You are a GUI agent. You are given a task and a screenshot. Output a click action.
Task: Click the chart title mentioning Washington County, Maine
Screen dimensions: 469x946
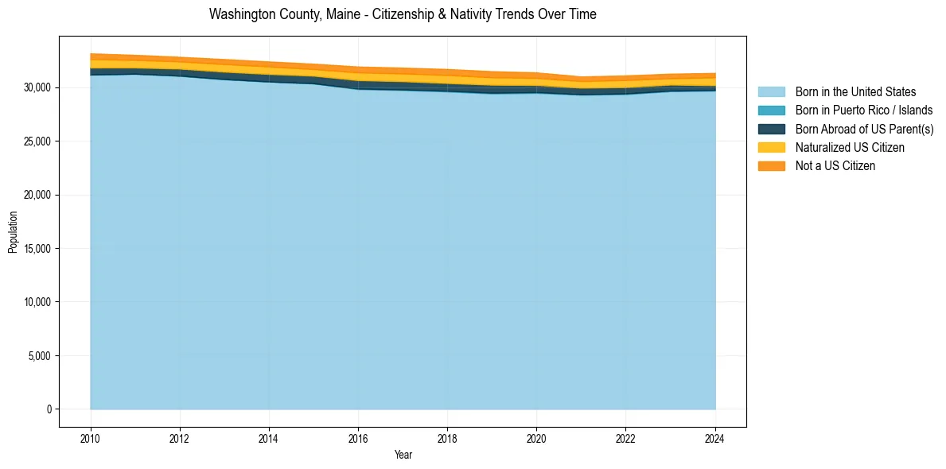point(403,14)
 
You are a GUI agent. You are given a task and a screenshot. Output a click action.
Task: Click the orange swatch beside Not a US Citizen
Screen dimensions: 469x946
point(771,166)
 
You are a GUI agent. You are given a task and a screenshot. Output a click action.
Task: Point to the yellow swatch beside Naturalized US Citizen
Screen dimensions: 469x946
point(771,148)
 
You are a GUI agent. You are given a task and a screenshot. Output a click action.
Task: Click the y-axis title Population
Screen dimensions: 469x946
point(13,232)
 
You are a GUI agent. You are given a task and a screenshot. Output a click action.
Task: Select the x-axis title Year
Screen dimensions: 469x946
point(403,455)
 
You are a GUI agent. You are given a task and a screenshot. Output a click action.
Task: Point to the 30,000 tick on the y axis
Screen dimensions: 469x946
point(37,87)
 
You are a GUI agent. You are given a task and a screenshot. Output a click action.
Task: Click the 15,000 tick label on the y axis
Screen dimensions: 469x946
point(37,249)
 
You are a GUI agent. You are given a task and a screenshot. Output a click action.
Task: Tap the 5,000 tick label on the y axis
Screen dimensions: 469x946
point(40,356)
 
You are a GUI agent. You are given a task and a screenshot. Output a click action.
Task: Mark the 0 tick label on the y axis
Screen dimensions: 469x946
point(49,409)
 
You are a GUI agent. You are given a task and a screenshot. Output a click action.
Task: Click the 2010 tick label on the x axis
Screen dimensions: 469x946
point(91,437)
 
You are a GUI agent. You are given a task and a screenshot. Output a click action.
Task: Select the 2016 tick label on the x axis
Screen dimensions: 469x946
point(358,437)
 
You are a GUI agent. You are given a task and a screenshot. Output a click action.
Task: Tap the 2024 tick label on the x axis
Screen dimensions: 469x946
point(715,437)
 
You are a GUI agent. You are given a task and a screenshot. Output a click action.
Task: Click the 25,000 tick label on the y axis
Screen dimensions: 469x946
point(37,141)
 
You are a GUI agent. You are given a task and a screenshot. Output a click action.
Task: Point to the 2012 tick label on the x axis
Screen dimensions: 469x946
point(180,437)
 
